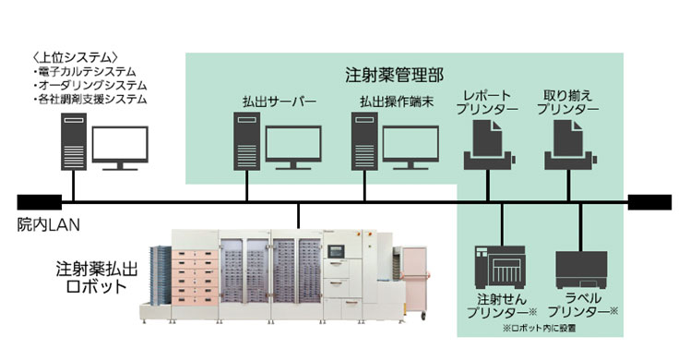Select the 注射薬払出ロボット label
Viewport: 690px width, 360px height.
(x=90, y=276)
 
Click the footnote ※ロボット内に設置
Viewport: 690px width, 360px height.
(x=540, y=327)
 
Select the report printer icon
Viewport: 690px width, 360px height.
(x=487, y=146)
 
